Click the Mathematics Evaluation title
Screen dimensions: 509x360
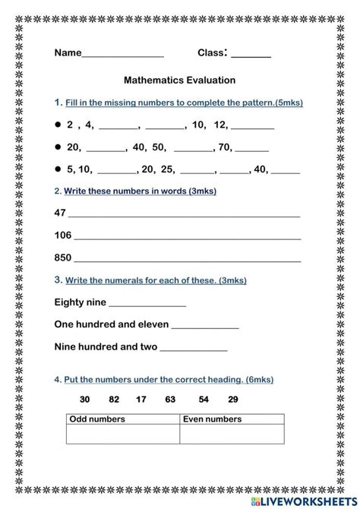click(x=179, y=79)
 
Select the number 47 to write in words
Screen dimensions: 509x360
click(x=61, y=213)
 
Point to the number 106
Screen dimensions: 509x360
click(x=63, y=235)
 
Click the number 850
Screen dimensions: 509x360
click(x=63, y=258)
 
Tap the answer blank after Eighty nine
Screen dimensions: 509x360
click(x=148, y=304)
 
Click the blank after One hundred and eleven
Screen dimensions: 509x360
click(x=205, y=326)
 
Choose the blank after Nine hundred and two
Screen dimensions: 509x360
click(x=194, y=349)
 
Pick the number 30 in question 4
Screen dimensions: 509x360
click(x=84, y=399)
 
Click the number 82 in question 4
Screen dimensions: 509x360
click(x=114, y=399)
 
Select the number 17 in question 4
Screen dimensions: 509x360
click(x=141, y=399)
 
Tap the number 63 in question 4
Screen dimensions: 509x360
click(x=170, y=399)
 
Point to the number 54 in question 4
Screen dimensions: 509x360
click(x=204, y=399)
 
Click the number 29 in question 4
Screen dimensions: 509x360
click(x=232, y=399)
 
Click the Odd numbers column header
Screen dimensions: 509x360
click(x=97, y=419)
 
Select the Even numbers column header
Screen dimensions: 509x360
click(x=213, y=419)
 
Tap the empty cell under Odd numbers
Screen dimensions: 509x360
click(x=123, y=434)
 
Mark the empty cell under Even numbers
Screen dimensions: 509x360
click(x=232, y=434)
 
